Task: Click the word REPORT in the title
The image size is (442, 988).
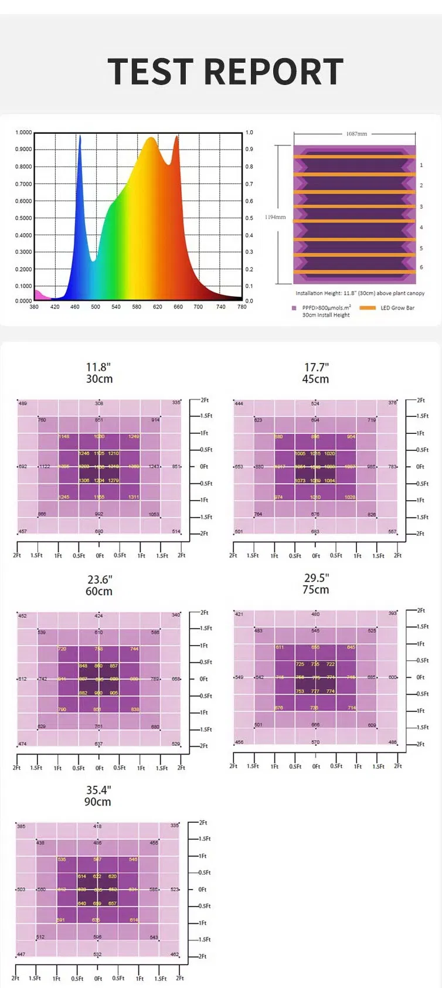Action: [273, 72]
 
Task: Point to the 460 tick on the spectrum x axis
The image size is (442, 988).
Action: [75, 307]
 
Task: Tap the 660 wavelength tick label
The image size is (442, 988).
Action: [178, 307]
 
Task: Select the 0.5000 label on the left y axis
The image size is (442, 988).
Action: [23, 218]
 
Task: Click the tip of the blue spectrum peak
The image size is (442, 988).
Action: [80, 137]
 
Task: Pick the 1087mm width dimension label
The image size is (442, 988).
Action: [356, 134]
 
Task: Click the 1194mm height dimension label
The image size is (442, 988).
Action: [275, 217]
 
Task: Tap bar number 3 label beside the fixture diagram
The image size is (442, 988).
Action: [421, 206]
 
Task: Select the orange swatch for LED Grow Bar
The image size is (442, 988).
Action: [368, 308]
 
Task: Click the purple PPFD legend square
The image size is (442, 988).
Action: [294, 308]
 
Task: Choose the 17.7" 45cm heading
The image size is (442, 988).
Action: [315, 373]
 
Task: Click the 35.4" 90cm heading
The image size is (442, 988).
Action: [98, 796]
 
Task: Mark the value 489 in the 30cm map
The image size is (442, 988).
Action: [23, 403]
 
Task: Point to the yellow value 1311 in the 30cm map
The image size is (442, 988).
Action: [134, 497]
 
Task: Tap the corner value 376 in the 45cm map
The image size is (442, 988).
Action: [392, 403]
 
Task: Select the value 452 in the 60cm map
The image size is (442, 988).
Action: [22, 616]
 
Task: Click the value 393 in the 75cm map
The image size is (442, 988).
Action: [392, 613]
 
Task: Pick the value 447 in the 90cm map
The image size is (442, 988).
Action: [21, 954]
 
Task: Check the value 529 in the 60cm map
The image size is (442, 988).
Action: [176, 743]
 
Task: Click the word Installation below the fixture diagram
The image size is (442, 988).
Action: [310, 293]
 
